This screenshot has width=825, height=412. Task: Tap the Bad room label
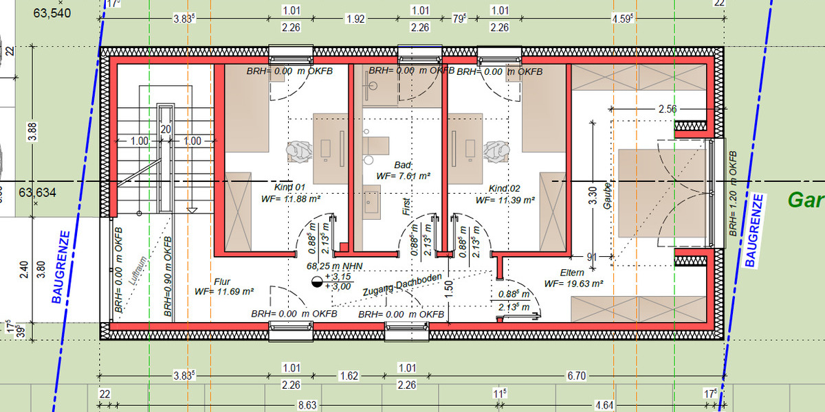coord(402,165)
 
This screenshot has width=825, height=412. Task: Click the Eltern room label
coord(572,273)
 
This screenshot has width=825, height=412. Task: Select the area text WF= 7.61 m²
coord(403,176)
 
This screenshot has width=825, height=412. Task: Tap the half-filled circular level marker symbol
coord(317,281)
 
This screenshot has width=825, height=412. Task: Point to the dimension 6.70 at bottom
coord(577,376)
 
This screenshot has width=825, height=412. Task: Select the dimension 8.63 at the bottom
coord(307,406)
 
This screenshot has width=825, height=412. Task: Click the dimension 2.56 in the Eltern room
coord(668,109)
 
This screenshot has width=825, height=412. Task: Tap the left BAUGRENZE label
coord(65,267)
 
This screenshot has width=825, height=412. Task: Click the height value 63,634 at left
coord(37,192)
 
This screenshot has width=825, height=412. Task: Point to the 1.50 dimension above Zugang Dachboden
coord(448,288)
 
